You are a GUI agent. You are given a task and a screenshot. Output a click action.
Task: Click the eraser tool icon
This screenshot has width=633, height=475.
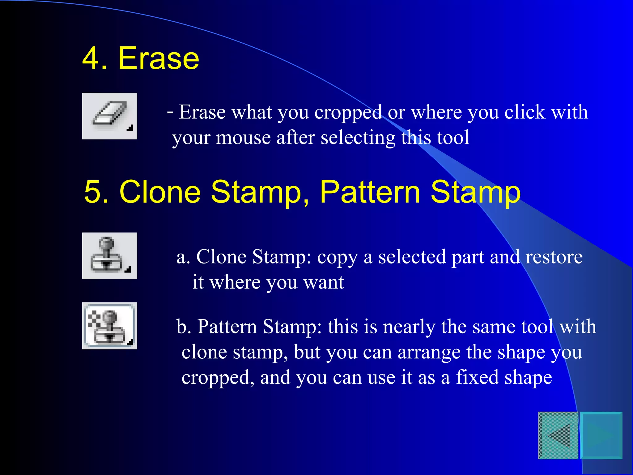(x=109, y=116)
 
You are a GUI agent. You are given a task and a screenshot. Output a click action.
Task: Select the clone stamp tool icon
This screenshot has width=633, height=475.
(x=109, y=256)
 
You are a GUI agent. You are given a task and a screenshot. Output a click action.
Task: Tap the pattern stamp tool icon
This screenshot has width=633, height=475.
(x=109, y=326)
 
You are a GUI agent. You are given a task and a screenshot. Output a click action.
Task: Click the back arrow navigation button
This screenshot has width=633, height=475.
(x=558, y=435)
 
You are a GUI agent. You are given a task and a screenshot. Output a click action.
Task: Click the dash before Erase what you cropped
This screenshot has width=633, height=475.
(x=170, y=112)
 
